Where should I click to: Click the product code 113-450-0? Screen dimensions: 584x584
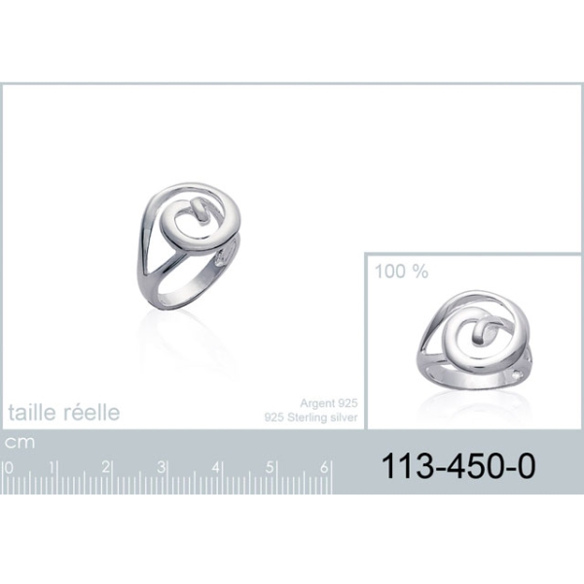(x=458, y=465)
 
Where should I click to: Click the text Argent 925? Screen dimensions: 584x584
(x=329, y=403)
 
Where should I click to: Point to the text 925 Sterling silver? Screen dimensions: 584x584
(x=311, y=418)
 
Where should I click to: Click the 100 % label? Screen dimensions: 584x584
(x=401, y=272)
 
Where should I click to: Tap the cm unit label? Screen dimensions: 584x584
(x=19, y=443)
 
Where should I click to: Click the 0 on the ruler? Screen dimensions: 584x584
(x=9, y=467)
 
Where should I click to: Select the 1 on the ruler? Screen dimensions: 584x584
(x=53, y=467)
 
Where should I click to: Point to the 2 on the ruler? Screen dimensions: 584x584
(x=106, y=467)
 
